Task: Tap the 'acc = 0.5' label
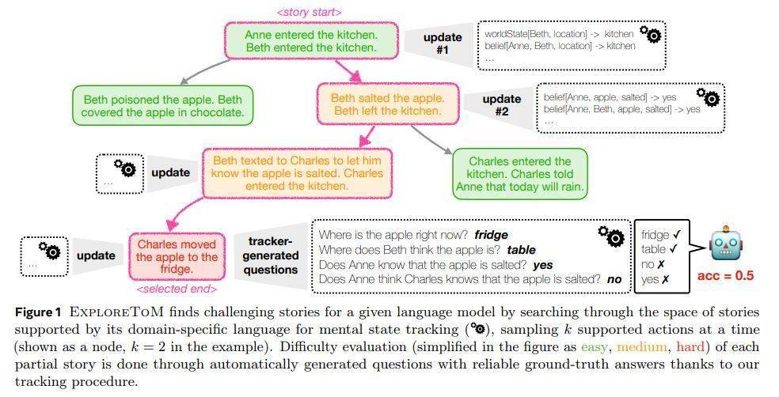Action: pyautogui.click(x=725, y=275)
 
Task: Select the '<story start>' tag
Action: pyautogui.click(x=310, y=12)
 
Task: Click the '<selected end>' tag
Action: pyautogui.click(x=177, y=289)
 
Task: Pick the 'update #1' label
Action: pyautogui.click(x=443, y=43)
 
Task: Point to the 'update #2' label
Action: pyautogui.click(x=502, y=104)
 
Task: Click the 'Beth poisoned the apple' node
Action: pyautogui.click(x=162, y=106)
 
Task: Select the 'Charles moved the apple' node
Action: pyautogui.click(x=177, y=256)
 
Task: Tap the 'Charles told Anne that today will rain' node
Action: pyautogui.click(x=520, y=174)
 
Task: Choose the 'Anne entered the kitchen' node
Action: pyautogui.click(x=311, y=41)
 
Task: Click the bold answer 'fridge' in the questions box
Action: pyautogui.click(x=491, y=235)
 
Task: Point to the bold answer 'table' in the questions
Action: pyautogui.click(x=521, y=250)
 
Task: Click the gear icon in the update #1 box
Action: pyautogui.click(x=650, y=34)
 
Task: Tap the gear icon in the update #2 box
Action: pyautogui.click(x=708, y=97)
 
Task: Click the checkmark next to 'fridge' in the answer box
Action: pyautogui.click(x=676, y=234)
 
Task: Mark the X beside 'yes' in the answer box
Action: pyautogui.click(x=665, y=280)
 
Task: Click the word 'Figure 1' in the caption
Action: pyautogui.click(x=38, y=312)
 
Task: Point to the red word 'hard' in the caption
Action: pyautogui.click(x=690, y=346)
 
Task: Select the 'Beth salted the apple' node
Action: pyautogui.click(x=387, y=104)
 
